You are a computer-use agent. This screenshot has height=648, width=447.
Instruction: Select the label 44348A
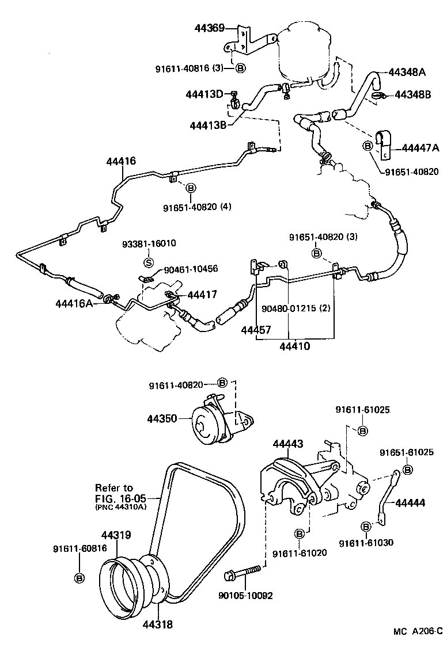(x=407, y=73)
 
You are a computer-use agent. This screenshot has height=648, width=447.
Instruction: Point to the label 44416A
(x=74, y=303)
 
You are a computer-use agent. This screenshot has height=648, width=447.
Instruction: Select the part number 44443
(x=288, y=444)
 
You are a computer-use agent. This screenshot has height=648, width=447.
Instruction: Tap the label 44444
(x=410, y=502)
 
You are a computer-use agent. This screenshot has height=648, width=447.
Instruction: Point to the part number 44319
(x=116, y=535)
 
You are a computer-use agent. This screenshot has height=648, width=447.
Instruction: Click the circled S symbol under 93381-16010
(x=147, y=263)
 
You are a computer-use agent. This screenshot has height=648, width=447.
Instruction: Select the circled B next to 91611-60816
(x=80, y=577)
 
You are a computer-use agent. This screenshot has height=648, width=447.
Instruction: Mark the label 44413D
(x=204, y=94)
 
